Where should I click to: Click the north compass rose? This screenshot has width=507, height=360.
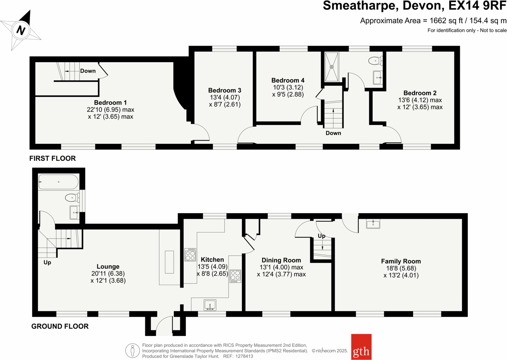[21, 30]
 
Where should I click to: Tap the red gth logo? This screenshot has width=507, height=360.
[361, 347]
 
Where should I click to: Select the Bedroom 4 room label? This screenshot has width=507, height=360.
[288, 80]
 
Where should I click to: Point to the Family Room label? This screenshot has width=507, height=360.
[401, 261]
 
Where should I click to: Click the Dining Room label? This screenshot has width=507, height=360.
[281, 260]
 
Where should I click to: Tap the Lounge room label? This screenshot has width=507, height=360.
[108, 266]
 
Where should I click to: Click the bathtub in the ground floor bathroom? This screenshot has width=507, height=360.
[58, 182]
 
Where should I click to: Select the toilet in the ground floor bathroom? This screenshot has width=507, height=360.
[72, 198]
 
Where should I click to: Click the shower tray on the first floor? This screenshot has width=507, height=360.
[332, 67]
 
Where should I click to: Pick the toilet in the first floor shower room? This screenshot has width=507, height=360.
[375, 61]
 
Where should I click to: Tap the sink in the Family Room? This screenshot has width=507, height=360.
[373, 224]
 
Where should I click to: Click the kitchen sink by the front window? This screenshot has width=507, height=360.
[210, 305]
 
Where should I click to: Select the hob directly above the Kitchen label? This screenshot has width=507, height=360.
[190, 254]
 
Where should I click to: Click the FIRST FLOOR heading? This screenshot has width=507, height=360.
[52, 158]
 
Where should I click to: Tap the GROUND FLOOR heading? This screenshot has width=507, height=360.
[60, 326]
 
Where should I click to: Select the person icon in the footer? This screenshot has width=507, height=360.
[133, 351]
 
